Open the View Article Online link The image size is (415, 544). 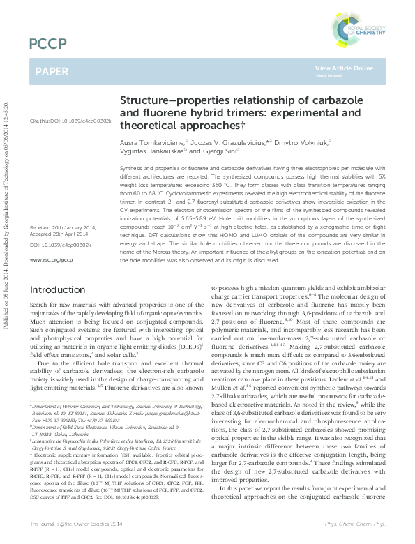pyautogui.click(x=342, y=68)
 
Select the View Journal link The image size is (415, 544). pyautogui.click(x=329, y=75)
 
